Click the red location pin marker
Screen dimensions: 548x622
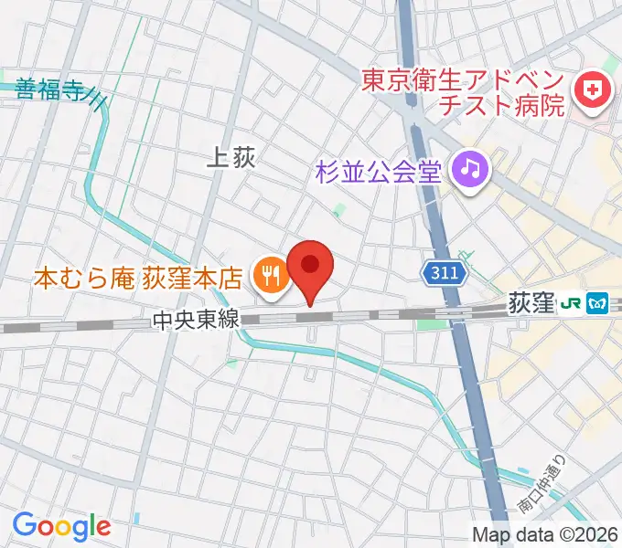click(x=310, y=267)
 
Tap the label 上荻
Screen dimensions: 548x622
click(x=231, y=158)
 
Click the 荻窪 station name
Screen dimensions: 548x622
click(x=531, y=303)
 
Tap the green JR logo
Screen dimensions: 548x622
click(x=573, y=303)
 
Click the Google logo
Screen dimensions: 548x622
click(x=61, y=526)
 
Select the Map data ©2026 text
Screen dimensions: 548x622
click(x=545, y=533)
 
